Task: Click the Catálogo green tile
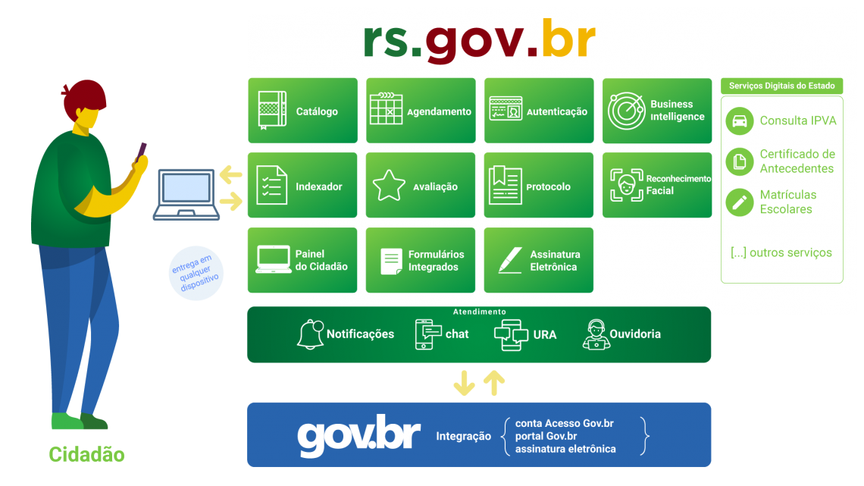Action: (302, 111)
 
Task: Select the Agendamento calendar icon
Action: (386, 109)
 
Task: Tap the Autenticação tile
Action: (538, 111)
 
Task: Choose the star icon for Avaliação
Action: (389, 186)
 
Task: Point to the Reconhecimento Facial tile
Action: (657, 185)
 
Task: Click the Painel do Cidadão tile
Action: (302, 260)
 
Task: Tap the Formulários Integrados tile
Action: (421, 260)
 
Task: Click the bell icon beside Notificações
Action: (309, 334)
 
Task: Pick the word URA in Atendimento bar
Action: (544, 334)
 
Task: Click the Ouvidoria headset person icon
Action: (596, 334)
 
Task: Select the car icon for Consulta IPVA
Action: (739, 121)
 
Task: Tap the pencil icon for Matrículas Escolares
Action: (739, 202)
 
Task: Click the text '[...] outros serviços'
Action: (781, 252)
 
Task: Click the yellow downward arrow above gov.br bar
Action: (463, 384)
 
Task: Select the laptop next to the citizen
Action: (186, 194)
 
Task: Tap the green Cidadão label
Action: (86, 455)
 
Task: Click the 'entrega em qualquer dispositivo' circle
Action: (196, 272)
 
